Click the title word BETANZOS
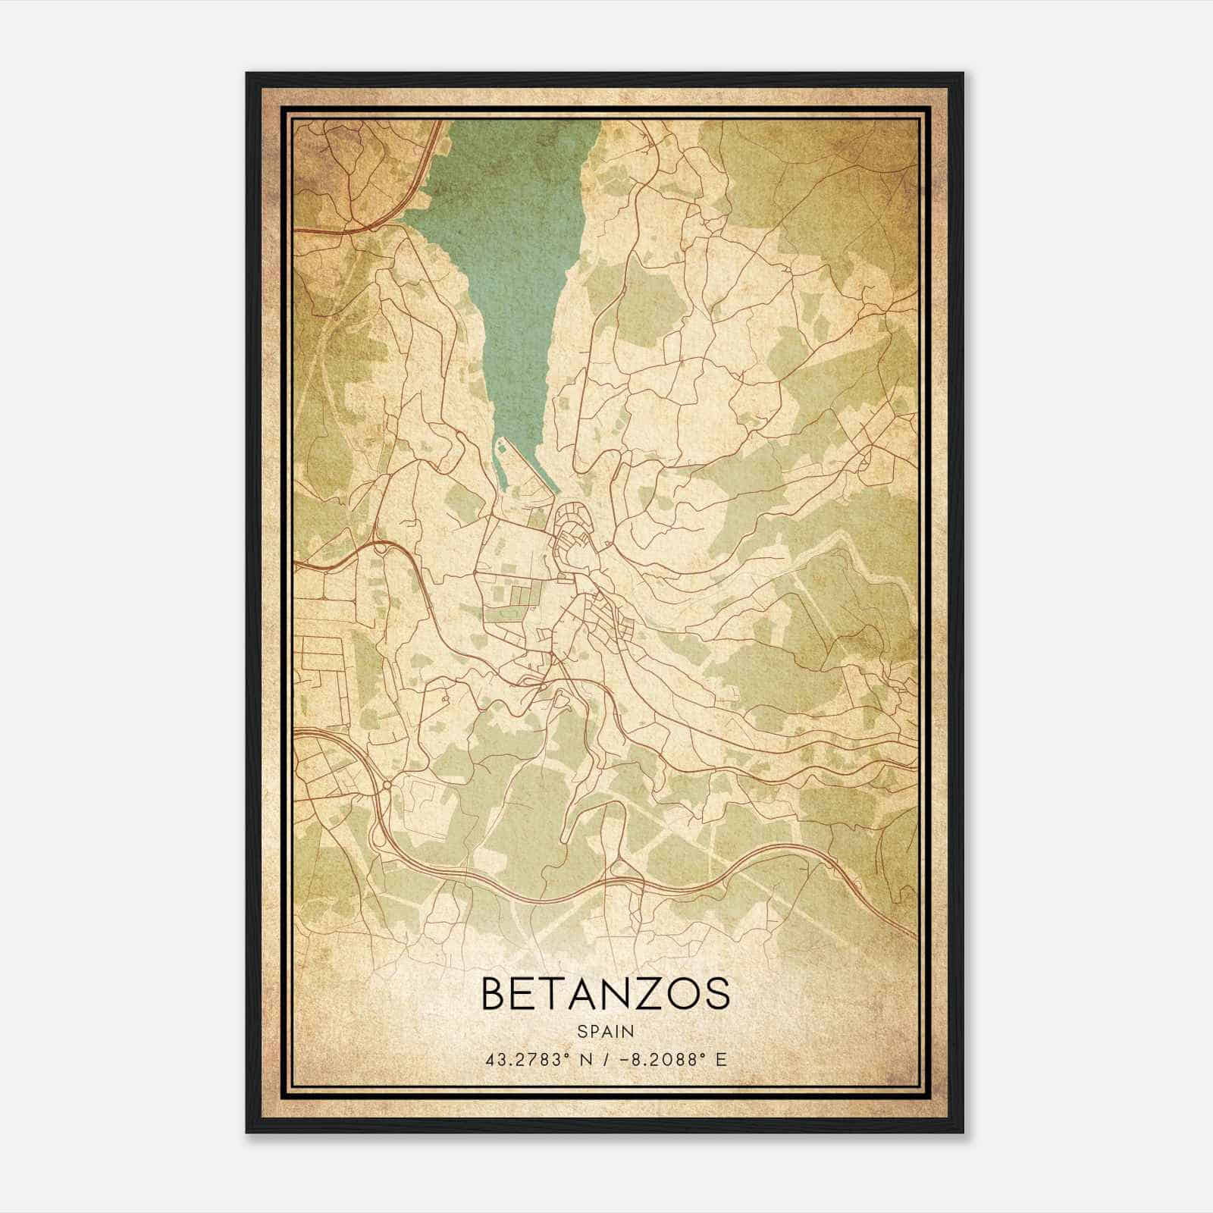(x=605, y=993)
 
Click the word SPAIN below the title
(x=605, y=1031)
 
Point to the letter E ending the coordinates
(x=721, y=1059)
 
